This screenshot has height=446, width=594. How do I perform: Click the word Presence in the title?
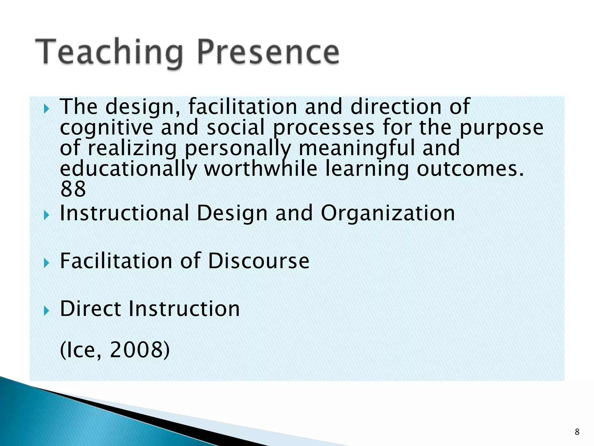pyautogui.click(x=268, y=52)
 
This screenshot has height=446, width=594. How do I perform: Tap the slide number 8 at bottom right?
pyautogui.click(x=577, y=432)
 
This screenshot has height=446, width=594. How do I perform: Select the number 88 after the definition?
pyautogui.click(x=73, y=189)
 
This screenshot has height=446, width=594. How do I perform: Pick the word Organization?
pyautogui.click(x=388, y=213)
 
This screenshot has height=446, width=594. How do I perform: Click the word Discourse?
pyautogui.click(x=259, y=261)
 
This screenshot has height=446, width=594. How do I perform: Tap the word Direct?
pyautogui.click(x=91, y=308)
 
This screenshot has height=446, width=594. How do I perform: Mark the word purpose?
pyautogui.click(x=501, y=128)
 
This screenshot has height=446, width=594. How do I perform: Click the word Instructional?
pyautogui.click(x=124, y=213)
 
